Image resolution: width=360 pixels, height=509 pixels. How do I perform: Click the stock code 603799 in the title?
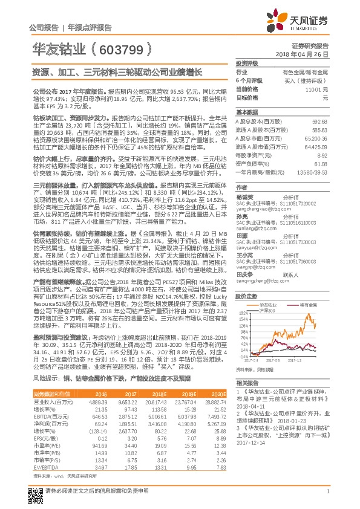[121, 47]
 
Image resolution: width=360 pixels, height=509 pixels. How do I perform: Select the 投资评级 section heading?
[247, 63]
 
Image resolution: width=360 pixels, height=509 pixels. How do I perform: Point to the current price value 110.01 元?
[318, 89]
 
